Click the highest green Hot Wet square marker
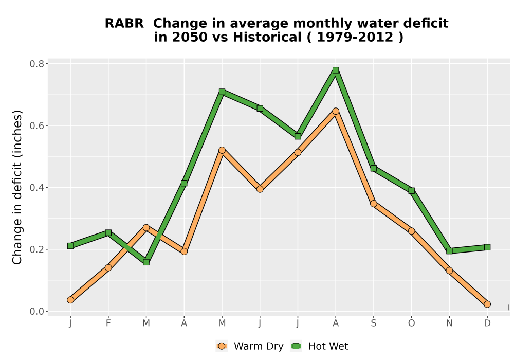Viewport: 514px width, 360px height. point(335,70)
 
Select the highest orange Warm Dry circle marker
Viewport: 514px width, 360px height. point(335,111)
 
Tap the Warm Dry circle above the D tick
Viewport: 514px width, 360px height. point(487,304)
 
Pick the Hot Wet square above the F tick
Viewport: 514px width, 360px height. point(108,233)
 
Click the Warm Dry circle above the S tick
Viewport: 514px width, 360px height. point(373,204)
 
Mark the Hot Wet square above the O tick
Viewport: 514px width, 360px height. point(411,190)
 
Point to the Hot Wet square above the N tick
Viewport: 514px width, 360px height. point(449,251)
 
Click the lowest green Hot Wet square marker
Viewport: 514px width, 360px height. point(146,262)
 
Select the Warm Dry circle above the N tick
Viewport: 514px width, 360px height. point(449,271)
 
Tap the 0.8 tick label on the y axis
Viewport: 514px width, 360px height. point(36,64)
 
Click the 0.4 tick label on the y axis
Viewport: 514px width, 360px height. point(36,188)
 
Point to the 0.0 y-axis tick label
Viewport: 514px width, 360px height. point(36,311)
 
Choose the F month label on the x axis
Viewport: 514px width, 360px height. point(108,323)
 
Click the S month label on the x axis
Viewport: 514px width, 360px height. point(373,323)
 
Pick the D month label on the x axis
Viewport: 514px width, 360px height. point(487,323)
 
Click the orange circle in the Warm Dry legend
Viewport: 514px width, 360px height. point(222,346)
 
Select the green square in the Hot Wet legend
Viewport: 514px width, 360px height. point(297,346)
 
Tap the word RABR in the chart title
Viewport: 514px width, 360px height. point(124,24)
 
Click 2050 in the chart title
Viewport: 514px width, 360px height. point(190,37)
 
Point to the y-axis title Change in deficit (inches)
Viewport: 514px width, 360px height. point(17,187)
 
